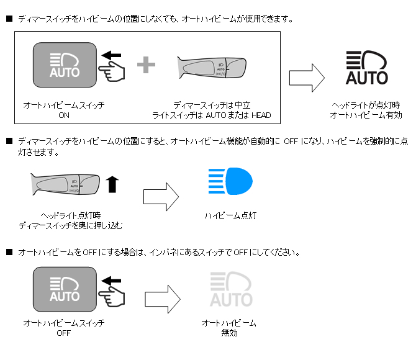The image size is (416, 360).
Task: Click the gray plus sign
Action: pos(145,65)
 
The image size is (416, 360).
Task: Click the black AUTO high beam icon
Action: pos(366,68)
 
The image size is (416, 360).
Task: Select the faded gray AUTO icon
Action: pos(230,290)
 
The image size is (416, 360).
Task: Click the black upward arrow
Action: pos(112,184)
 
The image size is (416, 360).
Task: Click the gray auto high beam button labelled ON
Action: pos(64,65)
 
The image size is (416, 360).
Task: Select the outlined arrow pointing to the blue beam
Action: pos(161,196)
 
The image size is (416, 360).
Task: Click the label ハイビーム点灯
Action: pos(230,215)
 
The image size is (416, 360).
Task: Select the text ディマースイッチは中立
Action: pos(212,106)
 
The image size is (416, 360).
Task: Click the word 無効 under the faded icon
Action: pos(228,333)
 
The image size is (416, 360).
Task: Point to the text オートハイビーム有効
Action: pos(366,115)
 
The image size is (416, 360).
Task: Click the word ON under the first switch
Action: pos(63,115)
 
